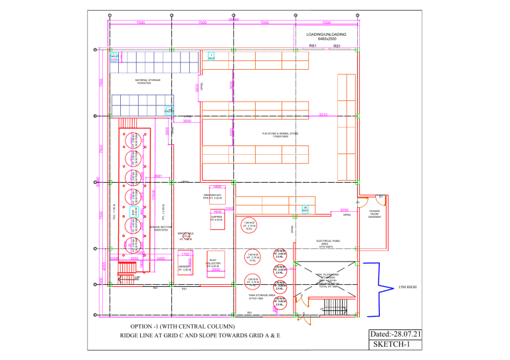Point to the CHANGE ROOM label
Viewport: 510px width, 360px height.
pyautogui.click(x=374, y=215)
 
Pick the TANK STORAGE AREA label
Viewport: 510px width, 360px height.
pyautogui.click(x=257, y=296)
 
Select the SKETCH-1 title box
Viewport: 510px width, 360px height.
pyautogui.click(x=393, y=345)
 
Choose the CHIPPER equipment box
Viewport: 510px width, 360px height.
pyautogui.click(x=216, y=219)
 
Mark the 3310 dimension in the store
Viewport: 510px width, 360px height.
pyautogui.click(x=323, y=115)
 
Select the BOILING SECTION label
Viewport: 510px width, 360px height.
pyautogui.click(x=162, y=227)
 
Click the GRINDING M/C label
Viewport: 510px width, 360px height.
pyautogui.click(x=212, y=196)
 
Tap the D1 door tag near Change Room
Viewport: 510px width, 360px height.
pyautogui.click(x=381, y=197)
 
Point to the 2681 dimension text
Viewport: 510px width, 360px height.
pyautogui.click(x=159, y=176)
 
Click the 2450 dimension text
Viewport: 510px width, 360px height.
pyautogui.click(x=160, y=258)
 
